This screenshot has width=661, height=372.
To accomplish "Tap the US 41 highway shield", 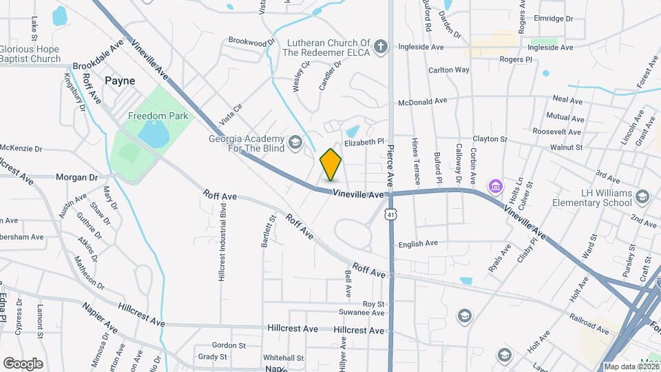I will tap(390, 215).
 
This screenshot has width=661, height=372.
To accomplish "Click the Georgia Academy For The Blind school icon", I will tap(295, 143).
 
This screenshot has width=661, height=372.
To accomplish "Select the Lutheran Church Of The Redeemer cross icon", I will tap(381, 48).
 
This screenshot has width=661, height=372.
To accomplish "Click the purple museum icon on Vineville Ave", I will tap(494, 186).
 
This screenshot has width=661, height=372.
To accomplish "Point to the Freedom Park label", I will tap(158, 116).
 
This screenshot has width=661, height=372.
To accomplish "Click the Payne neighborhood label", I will tap(120, 81).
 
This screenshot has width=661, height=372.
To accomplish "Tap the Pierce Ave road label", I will tap(390, 165).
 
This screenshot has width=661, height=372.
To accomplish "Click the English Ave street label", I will tap(418, 243).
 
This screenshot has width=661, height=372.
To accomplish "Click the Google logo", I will tap(23, 363).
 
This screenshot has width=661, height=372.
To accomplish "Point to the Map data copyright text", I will tap(631, 366).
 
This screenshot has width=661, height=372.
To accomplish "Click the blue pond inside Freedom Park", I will tap(154, 135).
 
